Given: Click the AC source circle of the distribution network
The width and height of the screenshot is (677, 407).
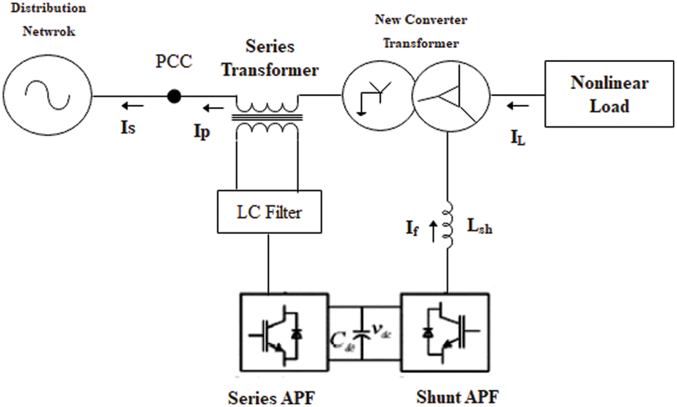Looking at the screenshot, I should click(46, 95).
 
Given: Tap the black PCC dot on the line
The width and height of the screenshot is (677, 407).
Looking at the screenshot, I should click(173, 96).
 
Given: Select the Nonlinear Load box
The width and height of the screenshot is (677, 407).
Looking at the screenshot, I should click(609, 94).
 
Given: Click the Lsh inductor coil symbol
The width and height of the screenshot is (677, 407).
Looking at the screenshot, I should click(448, 227).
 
